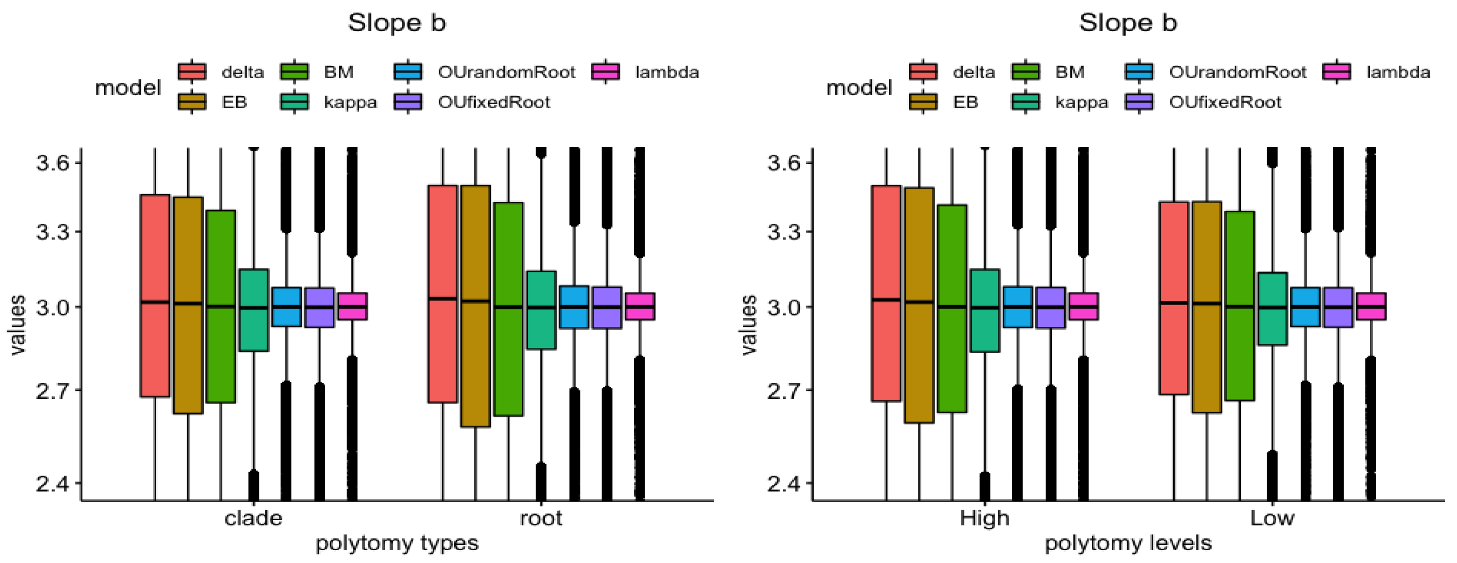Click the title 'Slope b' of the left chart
[x=397, y=23]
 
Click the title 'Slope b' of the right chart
[x=1128, y=23]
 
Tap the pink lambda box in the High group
[x=1084, y=306]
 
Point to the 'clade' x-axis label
[x=253, y=518]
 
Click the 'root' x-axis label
[x=541, y=518]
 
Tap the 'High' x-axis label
[x=984, y=518]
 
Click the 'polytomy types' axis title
[x=397, y=543]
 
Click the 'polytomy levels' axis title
[x=1128, y=543]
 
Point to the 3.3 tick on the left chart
[x=52, y=232]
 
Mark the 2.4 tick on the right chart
[x=783, y=484]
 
